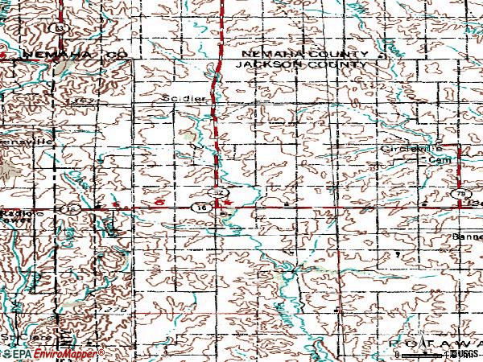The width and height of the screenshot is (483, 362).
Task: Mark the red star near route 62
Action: click(227, 203)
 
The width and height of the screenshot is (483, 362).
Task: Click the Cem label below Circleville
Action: click(440, 160)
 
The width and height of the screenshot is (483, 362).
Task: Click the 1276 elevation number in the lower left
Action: click(118, 309)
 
